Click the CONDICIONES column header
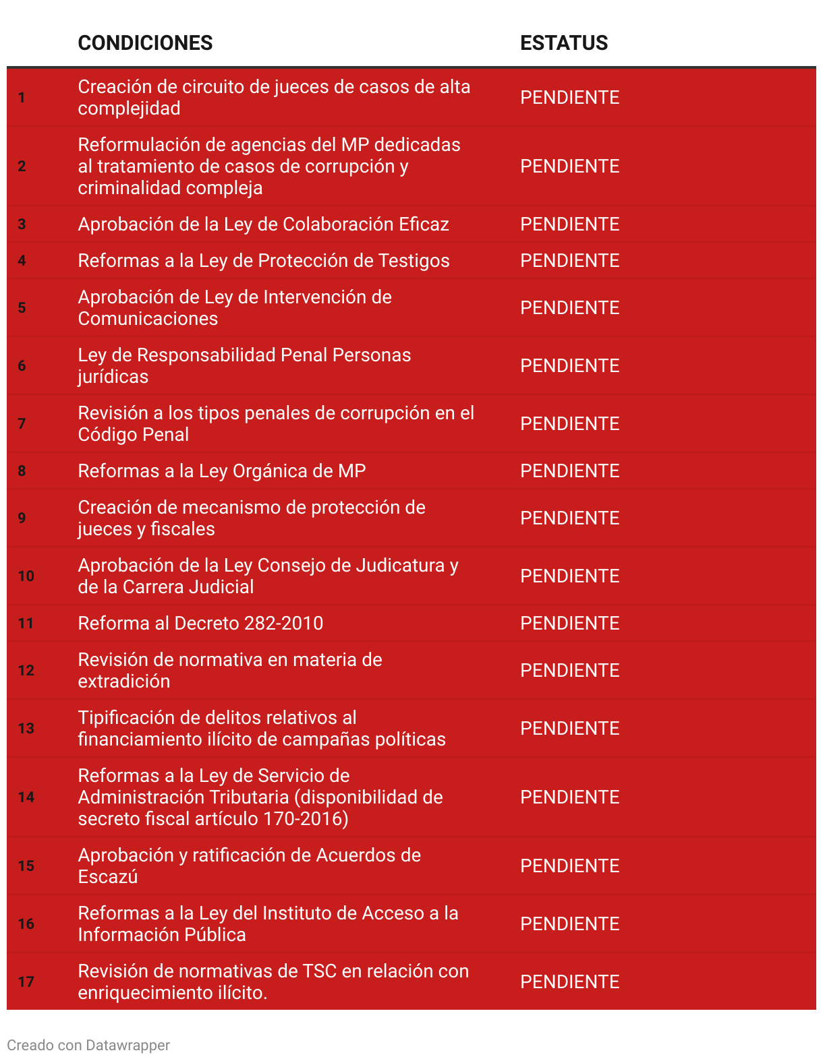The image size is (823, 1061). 145,43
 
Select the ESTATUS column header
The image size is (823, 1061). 564,43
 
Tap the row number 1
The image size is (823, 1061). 22,98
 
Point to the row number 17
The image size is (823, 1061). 26,982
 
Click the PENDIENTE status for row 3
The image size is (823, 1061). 569,224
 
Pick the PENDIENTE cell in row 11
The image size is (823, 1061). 569,624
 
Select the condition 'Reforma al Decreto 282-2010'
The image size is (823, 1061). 200,624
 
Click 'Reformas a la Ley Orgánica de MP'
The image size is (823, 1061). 222,471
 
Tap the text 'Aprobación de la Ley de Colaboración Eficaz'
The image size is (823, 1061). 263,224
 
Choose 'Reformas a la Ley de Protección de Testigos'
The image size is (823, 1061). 263,261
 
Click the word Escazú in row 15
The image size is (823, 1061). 108,877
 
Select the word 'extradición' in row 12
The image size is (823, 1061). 124,681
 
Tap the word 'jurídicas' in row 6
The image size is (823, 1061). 113,377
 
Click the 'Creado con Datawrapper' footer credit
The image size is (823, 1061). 88,1045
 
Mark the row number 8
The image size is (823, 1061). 22,471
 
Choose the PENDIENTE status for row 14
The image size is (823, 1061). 569,797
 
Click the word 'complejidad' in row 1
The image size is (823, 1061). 129,109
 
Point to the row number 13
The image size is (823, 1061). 26,729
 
